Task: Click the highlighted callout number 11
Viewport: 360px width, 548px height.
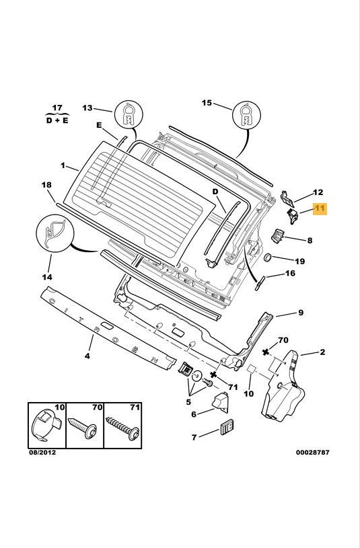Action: pyautogui.click(x=320, y=208)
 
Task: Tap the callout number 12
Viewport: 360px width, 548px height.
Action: pyautogui.click(x=318, y=192)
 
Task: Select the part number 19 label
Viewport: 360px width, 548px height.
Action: pyautogui.click(x=300, y=261)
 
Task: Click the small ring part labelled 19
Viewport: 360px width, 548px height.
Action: pyautogui.click(x=268, y=258)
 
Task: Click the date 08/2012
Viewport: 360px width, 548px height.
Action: pyautogui.click(x=42, y=453)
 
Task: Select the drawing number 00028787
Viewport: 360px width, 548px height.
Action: pyautogui.click(x=313, y=453)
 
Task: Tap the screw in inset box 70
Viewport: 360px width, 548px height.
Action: pyautogui.click(x=83, y=428)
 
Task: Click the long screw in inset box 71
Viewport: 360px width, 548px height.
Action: pyautogui.click(x=122, y=428)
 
